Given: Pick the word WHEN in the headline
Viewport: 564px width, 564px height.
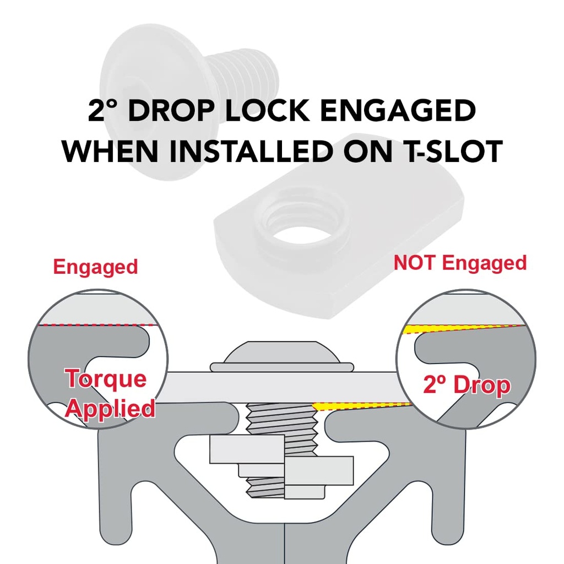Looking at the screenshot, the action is [x=110, y=151].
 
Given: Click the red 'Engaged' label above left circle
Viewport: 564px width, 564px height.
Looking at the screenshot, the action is [x=96, y=267].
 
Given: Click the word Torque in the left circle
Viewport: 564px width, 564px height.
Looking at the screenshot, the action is [x=106, y=378].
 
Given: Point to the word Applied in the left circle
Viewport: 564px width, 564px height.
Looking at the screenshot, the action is [x=110, y=409].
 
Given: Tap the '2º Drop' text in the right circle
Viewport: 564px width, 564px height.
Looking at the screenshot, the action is [x=467, y=385].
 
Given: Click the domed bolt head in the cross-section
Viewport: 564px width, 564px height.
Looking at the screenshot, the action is [x=281, y=352].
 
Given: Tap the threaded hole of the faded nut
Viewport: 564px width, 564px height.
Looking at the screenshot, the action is [x=301, y=236].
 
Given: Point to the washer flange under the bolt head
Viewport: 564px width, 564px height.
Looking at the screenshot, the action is [x=282, y=367].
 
